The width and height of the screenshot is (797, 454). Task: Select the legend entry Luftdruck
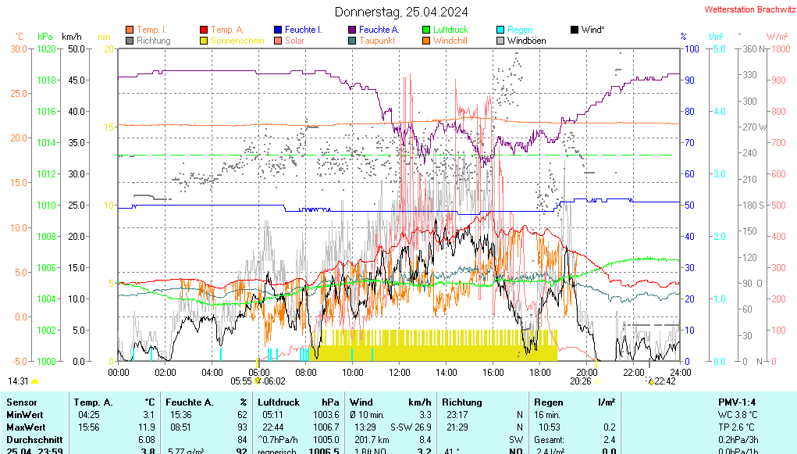tap(450, 30)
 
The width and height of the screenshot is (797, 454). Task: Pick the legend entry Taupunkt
tap(377, 41)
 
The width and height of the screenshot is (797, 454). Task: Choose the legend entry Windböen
tap(526, 41)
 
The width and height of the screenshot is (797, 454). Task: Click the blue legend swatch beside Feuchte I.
tap(277, 30)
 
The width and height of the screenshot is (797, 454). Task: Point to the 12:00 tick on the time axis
tap(399, 372)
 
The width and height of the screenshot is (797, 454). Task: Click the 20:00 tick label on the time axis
tap(586, 372)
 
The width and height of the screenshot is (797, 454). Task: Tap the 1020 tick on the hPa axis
tap(46, 48)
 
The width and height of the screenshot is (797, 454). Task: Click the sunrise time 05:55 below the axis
tap(241, 381)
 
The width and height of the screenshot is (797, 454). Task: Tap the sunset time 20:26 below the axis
tap(580, 381)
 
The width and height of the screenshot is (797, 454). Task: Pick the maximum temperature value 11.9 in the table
tap(147, 427)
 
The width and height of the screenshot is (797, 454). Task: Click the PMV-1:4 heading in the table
tap(737, 402)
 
